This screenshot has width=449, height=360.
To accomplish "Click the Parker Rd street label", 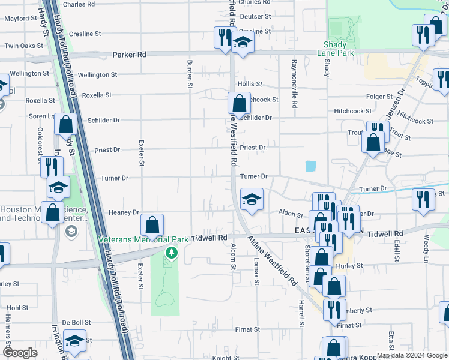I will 129,55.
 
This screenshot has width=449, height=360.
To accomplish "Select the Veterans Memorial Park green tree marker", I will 172,253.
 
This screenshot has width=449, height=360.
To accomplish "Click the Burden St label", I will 189,79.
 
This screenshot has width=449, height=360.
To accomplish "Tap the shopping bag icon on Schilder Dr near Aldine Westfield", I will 239,103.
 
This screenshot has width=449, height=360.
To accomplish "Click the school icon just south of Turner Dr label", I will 252,200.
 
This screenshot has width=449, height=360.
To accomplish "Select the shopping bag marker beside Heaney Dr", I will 152,226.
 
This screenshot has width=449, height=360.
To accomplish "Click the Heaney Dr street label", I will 124,212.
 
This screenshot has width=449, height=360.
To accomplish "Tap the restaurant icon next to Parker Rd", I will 223,37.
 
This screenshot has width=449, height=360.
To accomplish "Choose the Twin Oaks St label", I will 20,46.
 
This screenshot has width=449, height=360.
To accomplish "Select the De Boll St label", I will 76,322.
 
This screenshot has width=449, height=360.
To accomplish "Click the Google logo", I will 21,353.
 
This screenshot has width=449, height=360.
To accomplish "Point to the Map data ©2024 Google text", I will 411,355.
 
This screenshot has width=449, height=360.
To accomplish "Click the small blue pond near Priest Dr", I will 310,166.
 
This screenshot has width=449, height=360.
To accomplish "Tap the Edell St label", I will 397,252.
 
